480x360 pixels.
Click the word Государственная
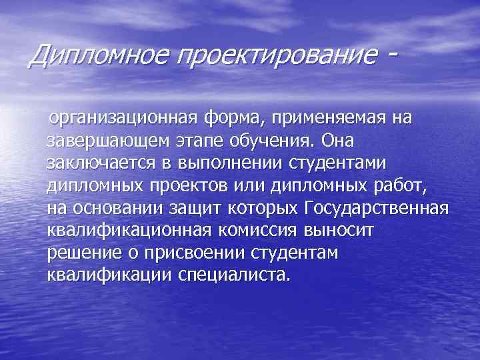pyautogui.click(x=375, y=209)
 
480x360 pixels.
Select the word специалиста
pyautogui.click(x=234, y=275)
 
